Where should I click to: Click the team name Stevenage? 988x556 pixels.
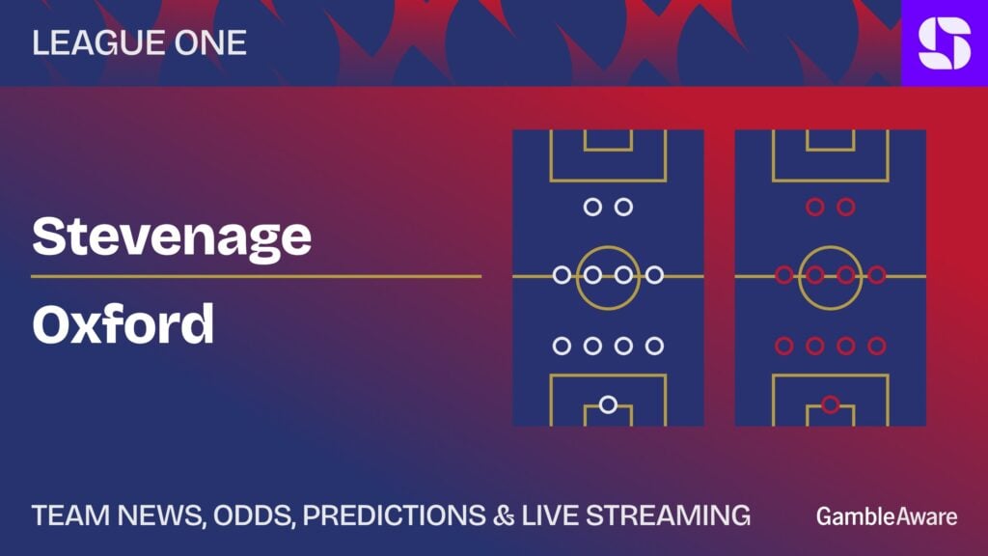click(172, 237)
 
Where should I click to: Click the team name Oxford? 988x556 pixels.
click(123, 323)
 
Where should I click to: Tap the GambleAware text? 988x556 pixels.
click(887, 516)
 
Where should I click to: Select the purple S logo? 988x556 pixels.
click(945, 42)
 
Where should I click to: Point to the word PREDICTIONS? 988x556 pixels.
click(395, 515)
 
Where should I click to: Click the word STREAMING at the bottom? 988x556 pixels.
click(669, 515)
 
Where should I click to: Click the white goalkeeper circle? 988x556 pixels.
click(608, 404)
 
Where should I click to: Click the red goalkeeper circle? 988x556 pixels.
click(831, 404)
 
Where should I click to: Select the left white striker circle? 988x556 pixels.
click(592, 207)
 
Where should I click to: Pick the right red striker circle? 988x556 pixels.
click(846, 207)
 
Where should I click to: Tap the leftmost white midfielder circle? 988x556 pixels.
click(562, 275)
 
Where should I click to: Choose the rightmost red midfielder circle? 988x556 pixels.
click(877, 275)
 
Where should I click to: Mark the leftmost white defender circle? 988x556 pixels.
click(562, 346)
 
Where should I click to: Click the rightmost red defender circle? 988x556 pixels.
click(877, 346)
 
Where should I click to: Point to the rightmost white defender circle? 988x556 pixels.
click(655, 346)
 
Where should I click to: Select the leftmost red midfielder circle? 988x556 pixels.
click(783, 275)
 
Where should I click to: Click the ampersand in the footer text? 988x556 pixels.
click(504, 515)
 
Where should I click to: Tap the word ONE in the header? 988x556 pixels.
click(210, 42)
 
